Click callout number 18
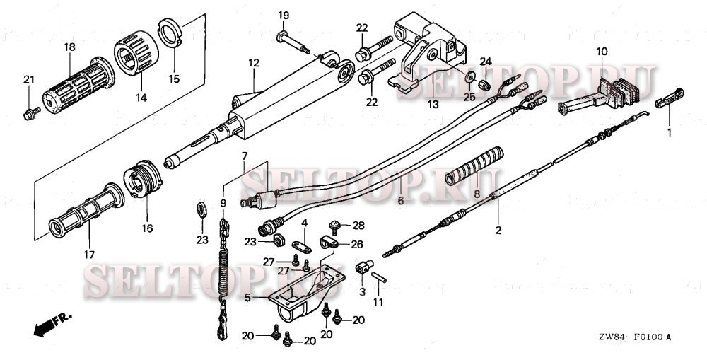[x=69, y=47]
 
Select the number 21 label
[x=29, y=79]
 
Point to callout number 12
[x=254, y=64]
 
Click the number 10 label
[x=601, y=52]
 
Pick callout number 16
[x=147, y=229]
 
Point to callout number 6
[x=400, y=201]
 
